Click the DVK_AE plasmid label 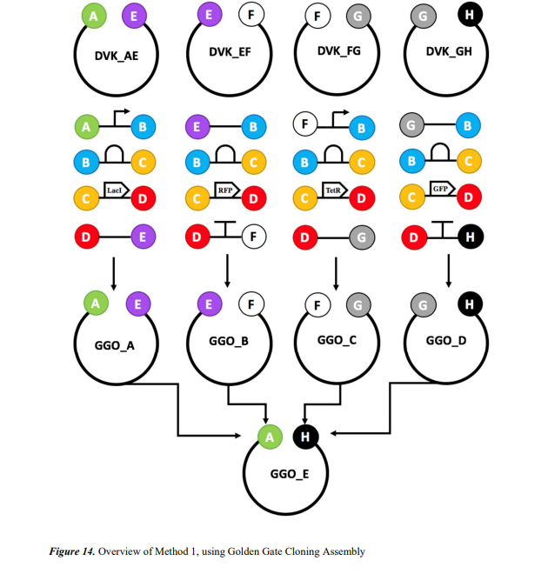tap(117, 56)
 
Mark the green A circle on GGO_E tap(270, 437)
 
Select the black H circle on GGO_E tap(304, 437)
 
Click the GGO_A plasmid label tap(115, 344)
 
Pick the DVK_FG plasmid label tap(339, 51)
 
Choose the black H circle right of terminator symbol tap(470, 236)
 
